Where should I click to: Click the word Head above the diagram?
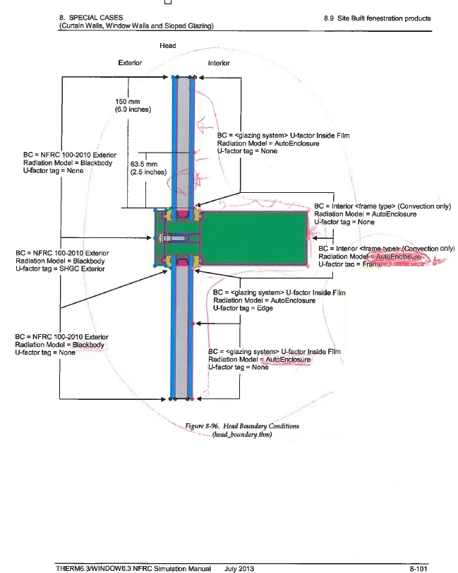click(x=169, y=46)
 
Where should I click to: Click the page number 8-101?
click(x=440, y=567)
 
